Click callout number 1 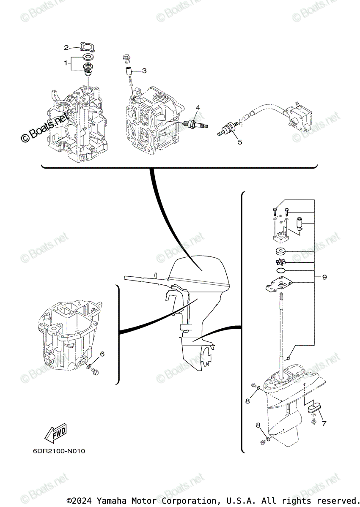tap(66, 63)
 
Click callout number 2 tap(66, 47)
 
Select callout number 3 tap(144, 71)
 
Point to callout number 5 tap(240, 142)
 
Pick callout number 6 tap(102, 354)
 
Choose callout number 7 tap(324, 423)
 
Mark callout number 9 tap(324, 277)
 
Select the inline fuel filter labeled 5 tap(229, 128)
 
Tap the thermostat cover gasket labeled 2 tap(87, 47)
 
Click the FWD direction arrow tap(55, 432)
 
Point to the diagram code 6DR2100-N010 tap(59, 451)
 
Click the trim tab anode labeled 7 tap(314, 407)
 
